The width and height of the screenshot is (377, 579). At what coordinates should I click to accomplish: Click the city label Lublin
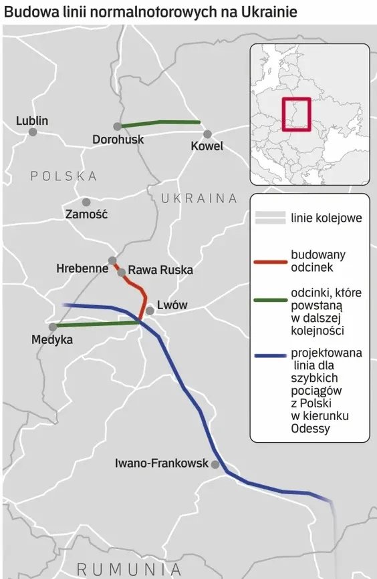click(x=33, y=121)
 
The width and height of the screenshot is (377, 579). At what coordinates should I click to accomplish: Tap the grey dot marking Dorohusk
click(x=117, y=126)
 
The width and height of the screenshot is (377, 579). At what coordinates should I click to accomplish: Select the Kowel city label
click(x=207, y=147)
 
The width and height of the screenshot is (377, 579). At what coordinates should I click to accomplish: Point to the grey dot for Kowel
click(x=208, y=134)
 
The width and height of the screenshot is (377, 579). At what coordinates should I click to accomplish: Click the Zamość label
click(x=86, y=215)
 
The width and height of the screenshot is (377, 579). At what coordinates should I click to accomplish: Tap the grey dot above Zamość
click(x=86, y=202)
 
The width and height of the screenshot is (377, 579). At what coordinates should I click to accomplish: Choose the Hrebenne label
click(x=82, y=269)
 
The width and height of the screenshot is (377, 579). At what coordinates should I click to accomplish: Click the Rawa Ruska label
click(x=160, y=270)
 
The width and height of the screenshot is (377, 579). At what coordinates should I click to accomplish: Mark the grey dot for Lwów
click(x=150, y=311)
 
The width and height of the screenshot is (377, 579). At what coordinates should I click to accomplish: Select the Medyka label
click(x=51, y=340)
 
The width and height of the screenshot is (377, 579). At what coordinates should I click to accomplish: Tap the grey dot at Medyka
click(x=53, y=327)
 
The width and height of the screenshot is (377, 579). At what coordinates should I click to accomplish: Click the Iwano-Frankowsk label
click(x=162, y=463)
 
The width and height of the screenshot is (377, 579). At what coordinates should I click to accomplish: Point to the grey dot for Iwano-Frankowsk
click(x=215, y=464)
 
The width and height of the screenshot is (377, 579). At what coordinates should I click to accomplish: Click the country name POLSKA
click(x=64, y=176)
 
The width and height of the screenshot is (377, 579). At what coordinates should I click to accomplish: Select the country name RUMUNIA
click(x=129, y=569)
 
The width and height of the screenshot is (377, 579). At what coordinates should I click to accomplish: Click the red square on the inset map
click(x=295, y=114)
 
